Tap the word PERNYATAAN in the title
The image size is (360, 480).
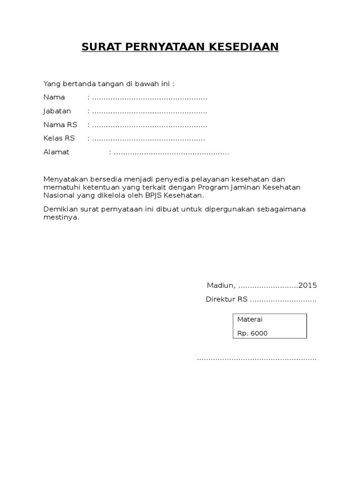point(160,47)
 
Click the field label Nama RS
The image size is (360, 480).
point(60,125)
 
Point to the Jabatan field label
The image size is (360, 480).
point(57,111)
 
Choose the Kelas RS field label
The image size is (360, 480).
point(59,139)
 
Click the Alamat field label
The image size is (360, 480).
point(56,152)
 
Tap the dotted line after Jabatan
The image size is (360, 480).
point(150,112)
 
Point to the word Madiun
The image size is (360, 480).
point(220,285)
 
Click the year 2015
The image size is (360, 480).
point(307,285)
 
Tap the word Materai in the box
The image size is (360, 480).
point(250,320)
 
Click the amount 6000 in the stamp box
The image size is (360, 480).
point(259,334)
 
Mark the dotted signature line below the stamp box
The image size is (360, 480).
point(256,359)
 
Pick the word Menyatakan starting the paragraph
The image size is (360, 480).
point(63,180)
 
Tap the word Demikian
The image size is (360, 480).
point(59,209)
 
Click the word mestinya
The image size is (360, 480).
point(61,217)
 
